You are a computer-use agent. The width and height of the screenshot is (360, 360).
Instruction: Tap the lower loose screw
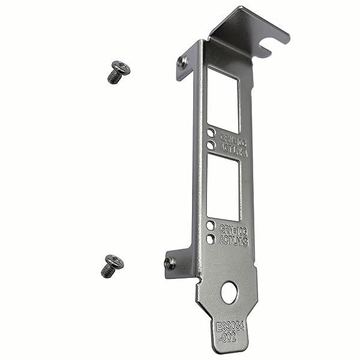pos(112,266)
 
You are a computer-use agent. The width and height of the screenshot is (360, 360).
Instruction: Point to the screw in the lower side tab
pos(170,262)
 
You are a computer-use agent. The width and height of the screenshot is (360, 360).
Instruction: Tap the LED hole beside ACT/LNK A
pos(211,145)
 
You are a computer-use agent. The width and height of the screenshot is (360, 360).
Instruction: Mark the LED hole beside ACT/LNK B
pos(211,239)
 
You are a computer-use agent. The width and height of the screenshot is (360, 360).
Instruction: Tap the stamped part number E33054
pos(230,329)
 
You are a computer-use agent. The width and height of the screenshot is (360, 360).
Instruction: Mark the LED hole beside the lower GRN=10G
pos(211,227)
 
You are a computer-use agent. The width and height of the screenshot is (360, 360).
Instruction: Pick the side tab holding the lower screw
pos(178,260)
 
